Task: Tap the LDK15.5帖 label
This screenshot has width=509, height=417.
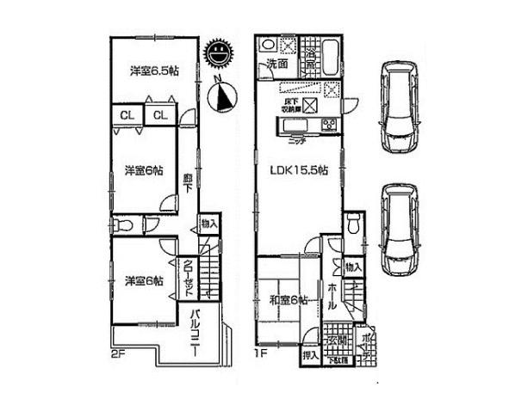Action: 298,170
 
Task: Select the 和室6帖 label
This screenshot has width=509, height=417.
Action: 289,299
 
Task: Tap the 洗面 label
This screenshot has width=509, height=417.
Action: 276,64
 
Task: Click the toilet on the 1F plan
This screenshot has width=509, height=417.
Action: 352,226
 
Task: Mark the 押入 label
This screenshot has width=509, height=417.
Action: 310,354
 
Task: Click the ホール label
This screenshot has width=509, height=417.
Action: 332,297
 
